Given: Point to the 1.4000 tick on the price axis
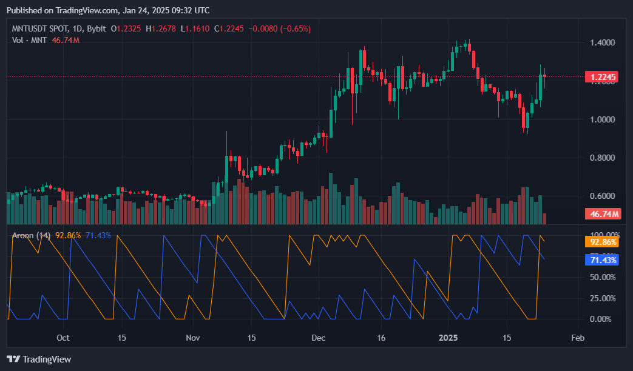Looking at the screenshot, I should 602,42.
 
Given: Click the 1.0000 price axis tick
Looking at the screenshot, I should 602,119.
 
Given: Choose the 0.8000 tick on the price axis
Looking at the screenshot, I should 602,158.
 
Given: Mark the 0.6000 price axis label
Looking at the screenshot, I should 602,196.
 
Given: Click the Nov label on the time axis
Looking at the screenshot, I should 192,338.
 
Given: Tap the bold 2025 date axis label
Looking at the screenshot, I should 448,338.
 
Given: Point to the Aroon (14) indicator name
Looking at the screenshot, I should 31,235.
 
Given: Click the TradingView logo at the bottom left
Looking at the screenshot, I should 39,359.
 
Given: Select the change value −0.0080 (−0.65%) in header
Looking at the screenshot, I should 281,28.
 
